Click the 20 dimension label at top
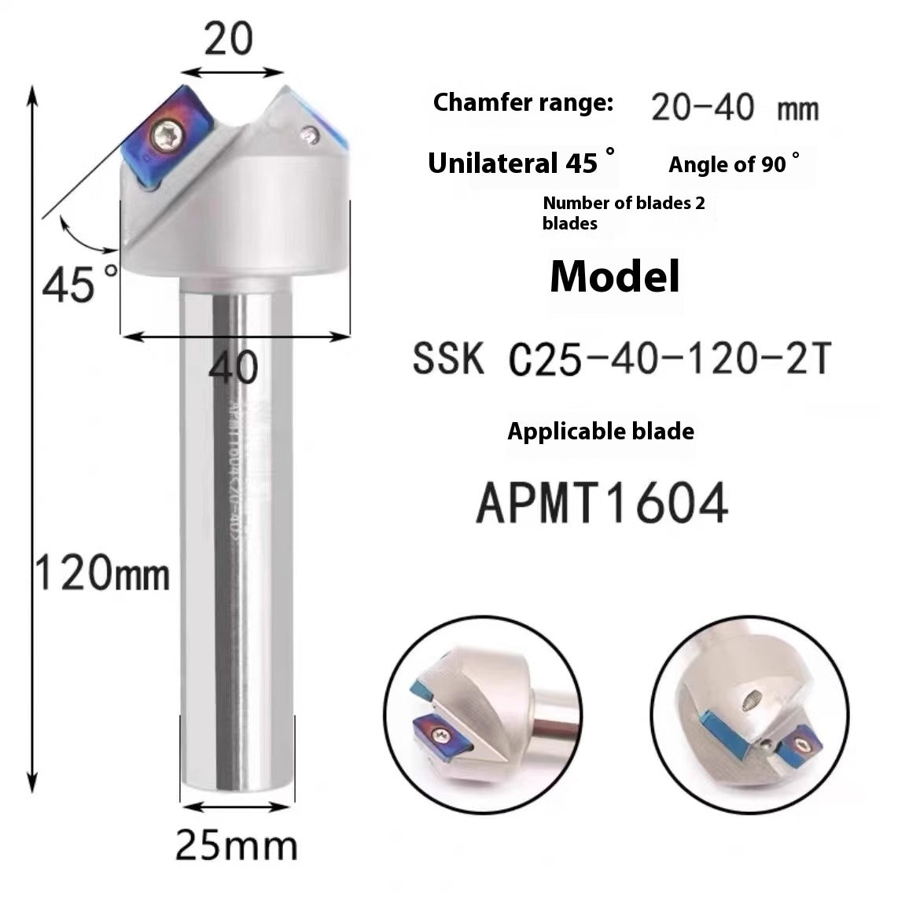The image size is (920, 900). click(228, 39)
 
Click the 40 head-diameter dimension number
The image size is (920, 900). click(234, 367)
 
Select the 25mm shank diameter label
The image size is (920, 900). click(236, 846)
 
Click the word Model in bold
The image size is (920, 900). click(614, 276)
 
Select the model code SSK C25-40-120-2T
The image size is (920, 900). click(620, 361)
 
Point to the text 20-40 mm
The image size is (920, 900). click(734, 108)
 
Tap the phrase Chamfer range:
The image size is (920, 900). click(523, 102)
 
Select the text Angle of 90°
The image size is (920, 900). click(734, 164)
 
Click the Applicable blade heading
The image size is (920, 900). click(601, 431)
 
